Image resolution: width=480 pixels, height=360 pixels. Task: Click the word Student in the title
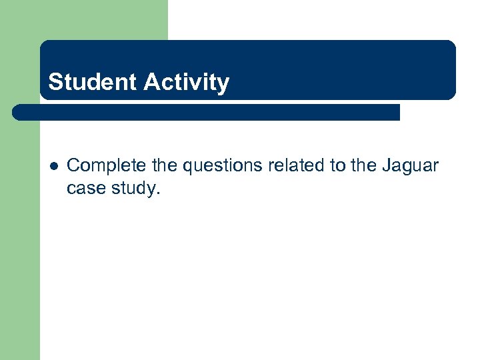point(91,82)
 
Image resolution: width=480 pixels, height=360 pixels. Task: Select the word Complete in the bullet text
point(106,166)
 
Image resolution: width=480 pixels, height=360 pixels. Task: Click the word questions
point(221,166)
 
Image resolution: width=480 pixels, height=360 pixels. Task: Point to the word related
point(297,166)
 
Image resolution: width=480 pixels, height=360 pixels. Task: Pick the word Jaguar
point(411,166)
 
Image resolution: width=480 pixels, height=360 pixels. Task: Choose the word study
point(134,189)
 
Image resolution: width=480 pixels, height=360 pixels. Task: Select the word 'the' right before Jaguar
point(363,166)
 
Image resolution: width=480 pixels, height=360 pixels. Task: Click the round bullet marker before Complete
point(53,167)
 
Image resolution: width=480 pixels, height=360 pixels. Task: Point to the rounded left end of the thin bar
point(17,112)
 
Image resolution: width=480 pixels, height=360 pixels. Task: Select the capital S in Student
point(55,82)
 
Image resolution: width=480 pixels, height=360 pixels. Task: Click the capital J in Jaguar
point(387,166)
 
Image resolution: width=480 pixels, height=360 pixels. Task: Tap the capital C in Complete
point(73,166)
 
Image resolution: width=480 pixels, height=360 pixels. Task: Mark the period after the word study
point(159,193)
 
